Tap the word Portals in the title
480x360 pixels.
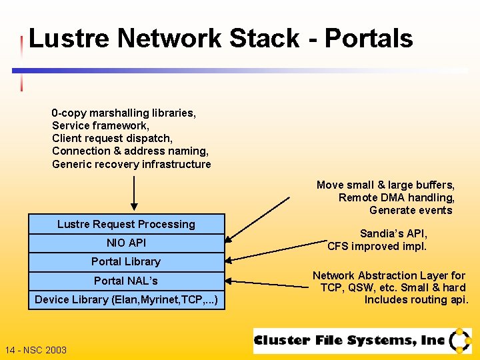point(369,39)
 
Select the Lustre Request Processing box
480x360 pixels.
point(126,225)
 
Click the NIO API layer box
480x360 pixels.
point(126,243)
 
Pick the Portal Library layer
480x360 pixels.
point(126,262)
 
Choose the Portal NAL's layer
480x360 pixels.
point(126,281)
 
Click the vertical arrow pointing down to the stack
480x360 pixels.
point(135,193)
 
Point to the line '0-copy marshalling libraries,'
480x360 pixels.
point(124,113)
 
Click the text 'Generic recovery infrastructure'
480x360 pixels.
point(131,165)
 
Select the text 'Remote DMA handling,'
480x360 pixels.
point(397,198)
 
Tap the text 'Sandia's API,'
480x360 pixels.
point(394,234)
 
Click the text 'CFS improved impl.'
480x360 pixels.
point(377,247)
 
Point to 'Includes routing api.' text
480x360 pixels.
point(417,300)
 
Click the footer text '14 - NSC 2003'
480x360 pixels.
point(36,350)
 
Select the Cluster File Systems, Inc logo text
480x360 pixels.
point(349,341)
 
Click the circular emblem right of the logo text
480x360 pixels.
point(460,341)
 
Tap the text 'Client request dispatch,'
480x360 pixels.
point(113,139)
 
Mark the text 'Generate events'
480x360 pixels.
point(411,211)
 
